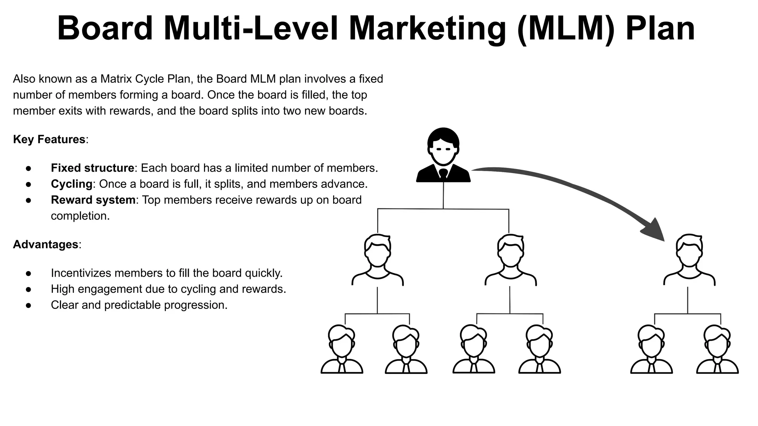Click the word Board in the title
tap(105, 29)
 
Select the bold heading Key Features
tap(49, 139)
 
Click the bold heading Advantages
tap(46, 244)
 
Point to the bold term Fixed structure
tap(92, 168)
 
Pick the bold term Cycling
tap(71, 184)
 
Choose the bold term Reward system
tap(93, 200)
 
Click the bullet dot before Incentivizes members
tap(28, 273)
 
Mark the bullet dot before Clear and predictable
tap(28, 305)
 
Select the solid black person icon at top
tap(443, 155)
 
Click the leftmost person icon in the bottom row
tap(342, 349)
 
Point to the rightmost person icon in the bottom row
tap(717, 349)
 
